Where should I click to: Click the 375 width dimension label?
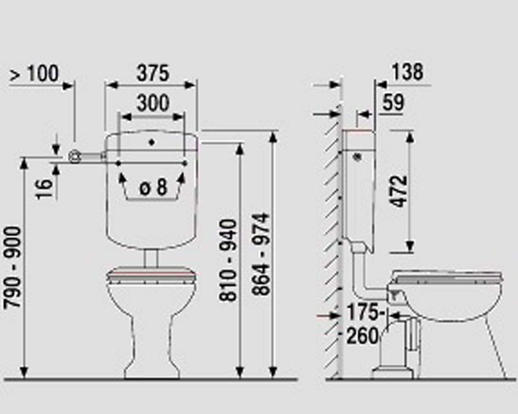(x=153, y=73)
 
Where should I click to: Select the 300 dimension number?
(x=153, y=103)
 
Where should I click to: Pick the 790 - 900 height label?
(x=12, y=267)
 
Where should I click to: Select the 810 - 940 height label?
(x=228, y=260)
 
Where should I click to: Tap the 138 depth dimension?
(x=407, y=72)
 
